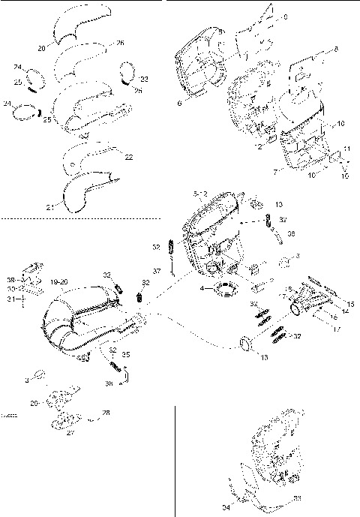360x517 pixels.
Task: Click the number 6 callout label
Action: [180, 103]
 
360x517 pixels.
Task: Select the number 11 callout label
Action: [347, 149]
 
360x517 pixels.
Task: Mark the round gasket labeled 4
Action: [223, 290]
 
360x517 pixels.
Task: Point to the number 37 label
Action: [157, 271]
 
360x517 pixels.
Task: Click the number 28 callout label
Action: [106, 413]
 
